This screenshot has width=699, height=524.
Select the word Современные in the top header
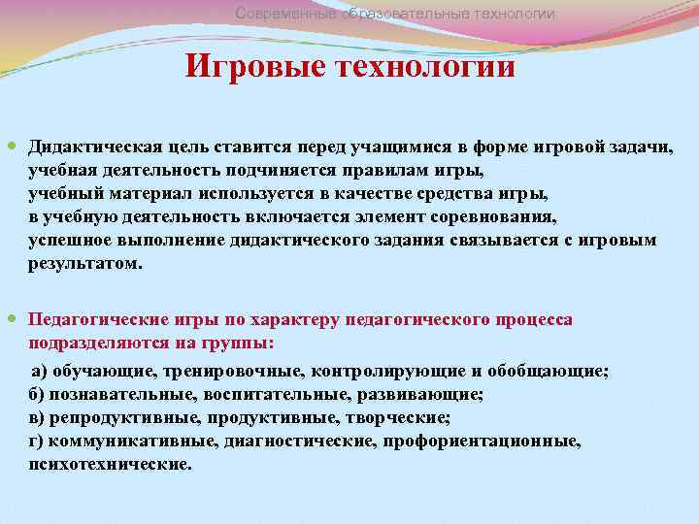286,14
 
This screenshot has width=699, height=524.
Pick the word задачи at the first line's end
645,147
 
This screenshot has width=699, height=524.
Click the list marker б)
38,394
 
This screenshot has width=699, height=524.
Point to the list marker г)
37,441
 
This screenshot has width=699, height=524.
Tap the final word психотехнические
110,464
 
